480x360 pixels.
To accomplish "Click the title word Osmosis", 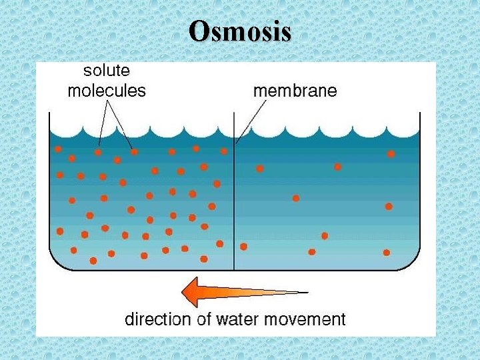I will click(240, 31).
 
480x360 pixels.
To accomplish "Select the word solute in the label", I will click(107, 70).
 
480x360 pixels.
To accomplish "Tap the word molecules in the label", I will click(107, 91).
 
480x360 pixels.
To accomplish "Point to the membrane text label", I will click(295, 91).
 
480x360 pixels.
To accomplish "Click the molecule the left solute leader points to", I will click(98, 152).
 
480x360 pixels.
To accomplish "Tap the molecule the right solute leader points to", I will click(134, 152).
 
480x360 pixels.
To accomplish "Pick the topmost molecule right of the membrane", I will click(391, 154).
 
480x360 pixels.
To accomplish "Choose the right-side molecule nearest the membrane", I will click(243, 247).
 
